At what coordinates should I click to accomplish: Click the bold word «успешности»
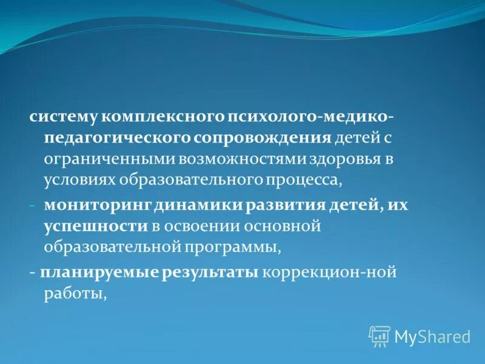[95, 226]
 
